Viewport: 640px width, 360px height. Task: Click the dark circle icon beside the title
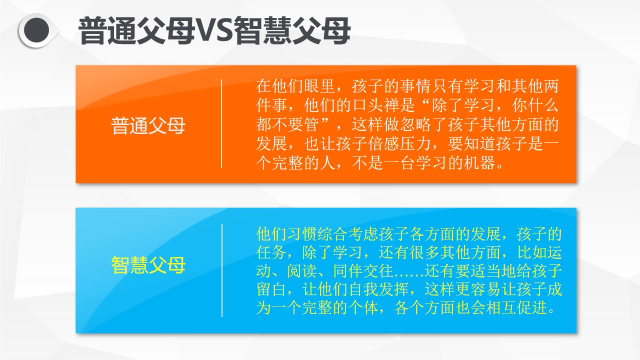[x=36, y=30]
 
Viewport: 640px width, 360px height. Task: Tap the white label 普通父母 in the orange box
[x=148, y=125]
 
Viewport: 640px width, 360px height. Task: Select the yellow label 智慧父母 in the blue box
[x=148, y=265]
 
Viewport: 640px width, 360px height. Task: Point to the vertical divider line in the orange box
[x=221, y=123]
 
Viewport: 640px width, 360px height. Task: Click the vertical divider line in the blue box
[x=221, y=270]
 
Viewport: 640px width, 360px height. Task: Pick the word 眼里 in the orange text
[x=319, y=86]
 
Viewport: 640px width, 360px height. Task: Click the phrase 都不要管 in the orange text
[x=287, y=124]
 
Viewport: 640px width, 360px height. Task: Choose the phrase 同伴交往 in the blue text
[x=363, y=270]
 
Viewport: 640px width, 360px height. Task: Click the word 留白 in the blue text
[x=271, y=289]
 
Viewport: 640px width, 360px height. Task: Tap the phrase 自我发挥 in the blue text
[x=378, y=289]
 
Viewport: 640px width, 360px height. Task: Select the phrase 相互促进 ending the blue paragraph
[x=516, y=307]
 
